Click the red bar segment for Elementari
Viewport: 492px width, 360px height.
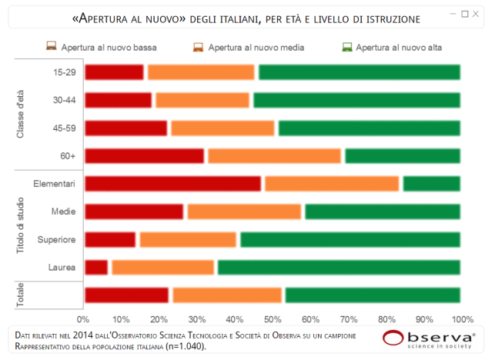[173, 183]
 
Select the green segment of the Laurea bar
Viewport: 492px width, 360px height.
[339, 268]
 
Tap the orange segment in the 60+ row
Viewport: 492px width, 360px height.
[274, 155]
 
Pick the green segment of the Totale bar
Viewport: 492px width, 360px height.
[373, 295]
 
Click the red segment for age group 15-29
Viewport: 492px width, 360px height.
[114, 72]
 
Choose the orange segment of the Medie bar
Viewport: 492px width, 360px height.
[244, 212]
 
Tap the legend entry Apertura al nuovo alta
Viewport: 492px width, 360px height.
[391, 48]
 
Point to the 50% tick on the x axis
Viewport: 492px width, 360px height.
[273, 318]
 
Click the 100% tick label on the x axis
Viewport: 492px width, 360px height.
[460, 318]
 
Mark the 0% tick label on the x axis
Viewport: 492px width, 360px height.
[84, 318]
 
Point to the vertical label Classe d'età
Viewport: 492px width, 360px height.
[22, 112]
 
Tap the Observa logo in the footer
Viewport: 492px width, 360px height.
[429, 339]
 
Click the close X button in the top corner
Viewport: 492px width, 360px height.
[475, 14]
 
